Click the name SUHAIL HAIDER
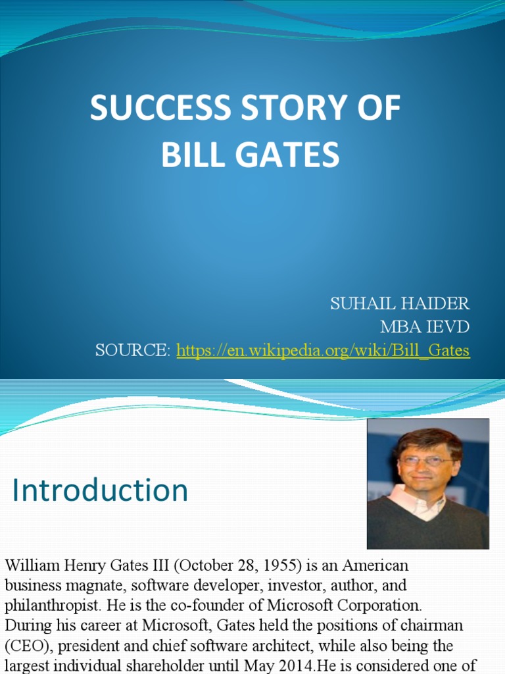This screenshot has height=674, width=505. [x=400, y=303]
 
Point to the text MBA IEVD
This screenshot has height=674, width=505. [x=425, y=326]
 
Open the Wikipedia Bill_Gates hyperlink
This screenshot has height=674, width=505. [x=323, y=350]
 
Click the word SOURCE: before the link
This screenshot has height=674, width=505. [x=132, y=350]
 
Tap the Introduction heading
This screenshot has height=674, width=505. [x=100, y=491]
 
